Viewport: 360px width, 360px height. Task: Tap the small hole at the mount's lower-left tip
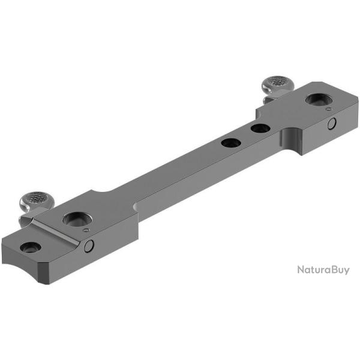30,247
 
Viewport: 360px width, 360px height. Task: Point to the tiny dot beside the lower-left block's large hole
86,230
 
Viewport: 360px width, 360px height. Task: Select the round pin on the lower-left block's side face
89,245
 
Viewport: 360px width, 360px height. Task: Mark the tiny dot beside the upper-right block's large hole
327,110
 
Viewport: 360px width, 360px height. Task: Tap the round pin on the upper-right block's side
331,124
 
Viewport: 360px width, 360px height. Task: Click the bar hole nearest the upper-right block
260,128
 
